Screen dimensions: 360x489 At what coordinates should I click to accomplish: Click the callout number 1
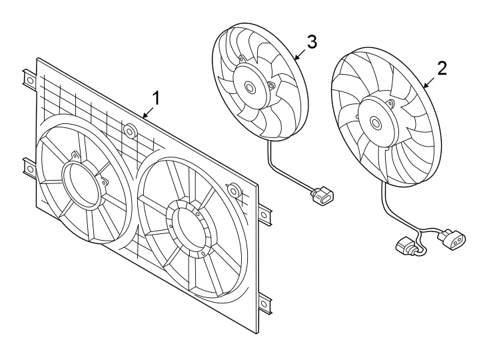[156, 98]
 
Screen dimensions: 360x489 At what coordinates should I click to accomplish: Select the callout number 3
[311, 41]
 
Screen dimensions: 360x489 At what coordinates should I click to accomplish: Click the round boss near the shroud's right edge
[233, 190]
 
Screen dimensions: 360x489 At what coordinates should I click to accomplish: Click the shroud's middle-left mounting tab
[28, 167]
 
